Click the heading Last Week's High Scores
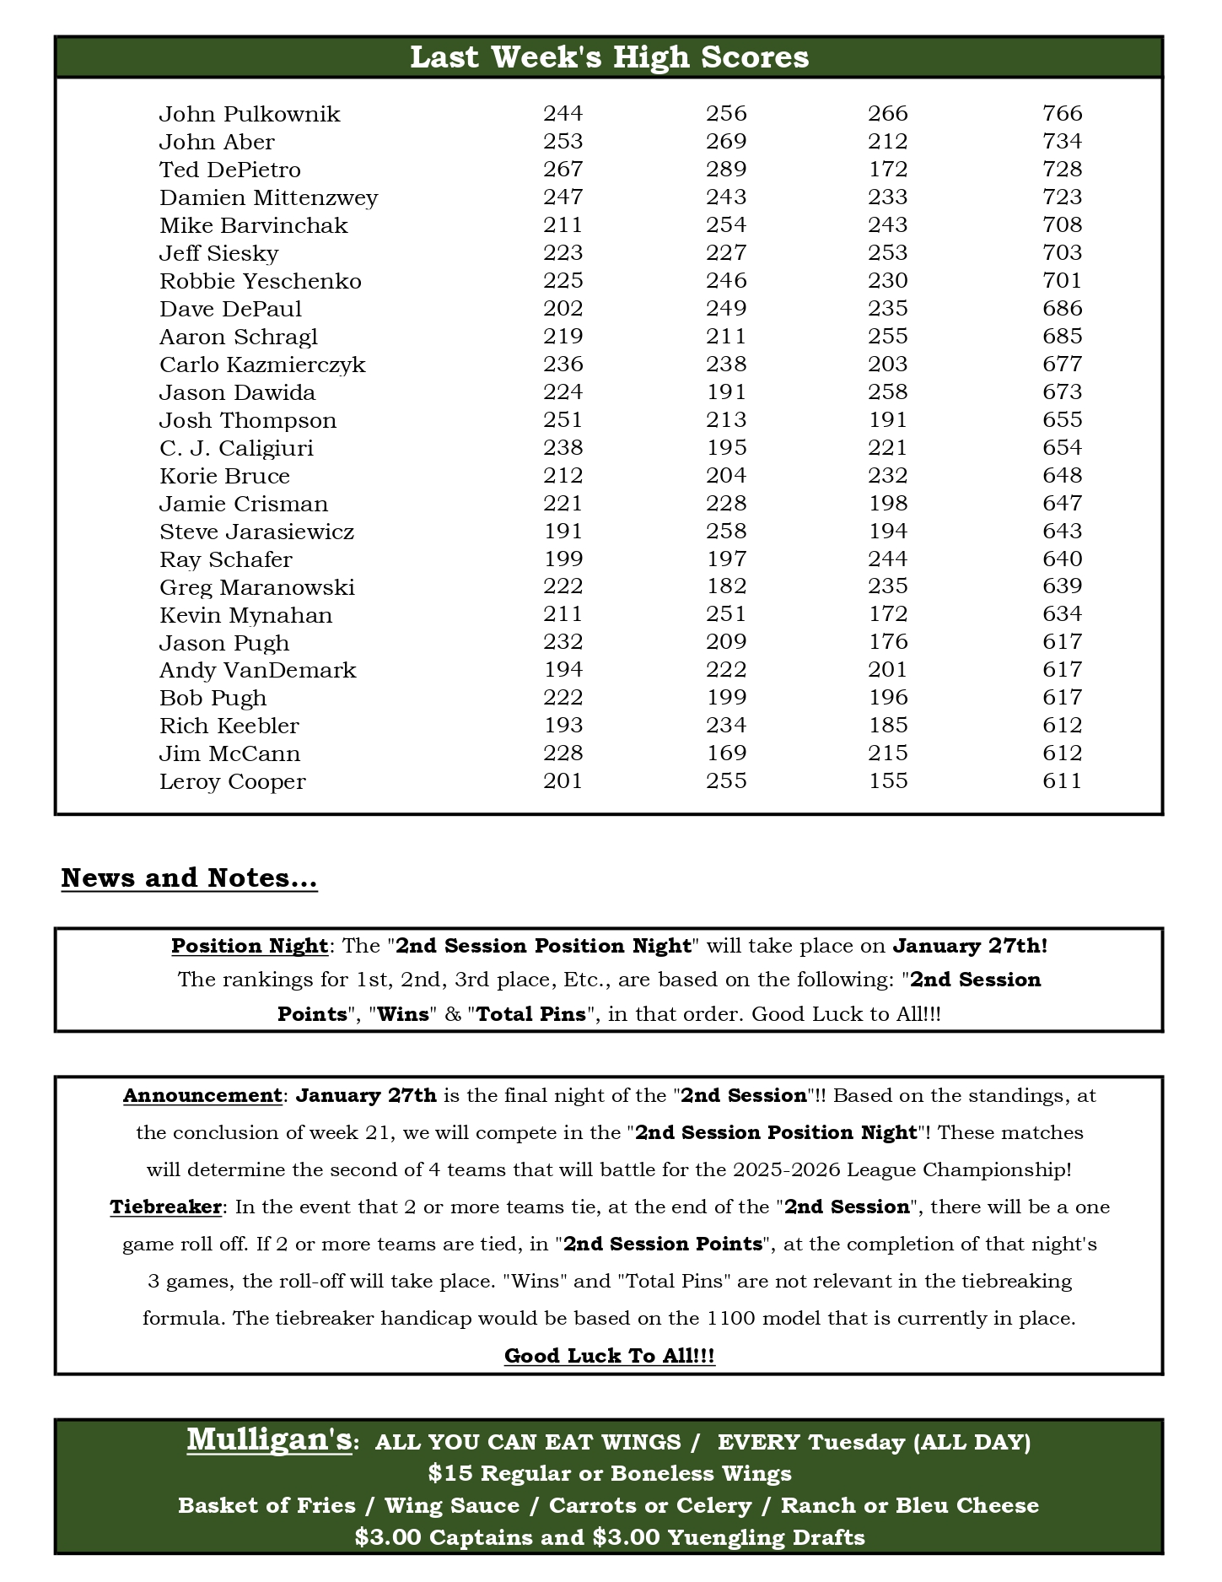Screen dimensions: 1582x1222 tap(609, 57)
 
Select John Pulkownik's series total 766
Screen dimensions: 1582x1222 tap(1062, 114)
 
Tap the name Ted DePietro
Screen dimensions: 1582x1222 tap(230, 170)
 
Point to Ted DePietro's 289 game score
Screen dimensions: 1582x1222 tap(726, 170)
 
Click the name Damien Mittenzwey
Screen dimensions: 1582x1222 tap(269, 197)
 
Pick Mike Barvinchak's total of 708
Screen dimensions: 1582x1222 tap(1062, 225)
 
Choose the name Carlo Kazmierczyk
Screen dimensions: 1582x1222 tap(262, 364)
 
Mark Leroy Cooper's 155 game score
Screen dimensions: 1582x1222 tap(888, 781)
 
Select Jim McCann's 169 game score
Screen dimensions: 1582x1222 tap(726, 753)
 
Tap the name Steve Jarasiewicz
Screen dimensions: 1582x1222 tap(256, 532)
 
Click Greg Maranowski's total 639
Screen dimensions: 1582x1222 tap(1062, 586)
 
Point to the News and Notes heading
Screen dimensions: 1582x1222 tap(189, 878)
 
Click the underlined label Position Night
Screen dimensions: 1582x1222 tap(250, 946)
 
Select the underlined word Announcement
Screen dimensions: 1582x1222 tap(202, 1096)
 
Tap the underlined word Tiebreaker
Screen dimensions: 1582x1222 tap(165, 1207)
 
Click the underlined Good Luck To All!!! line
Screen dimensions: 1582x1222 tap(609, 1356)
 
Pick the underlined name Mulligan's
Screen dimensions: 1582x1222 tap(269, 1439)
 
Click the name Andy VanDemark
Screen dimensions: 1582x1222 tap(257, 671)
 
